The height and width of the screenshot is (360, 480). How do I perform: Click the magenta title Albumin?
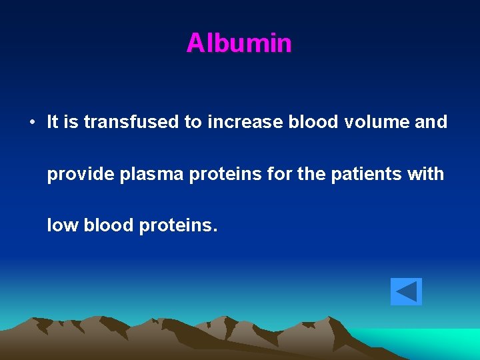point(239,43)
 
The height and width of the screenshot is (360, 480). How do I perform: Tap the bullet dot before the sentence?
point(31,123)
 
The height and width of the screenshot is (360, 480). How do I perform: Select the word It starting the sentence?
point(53,122)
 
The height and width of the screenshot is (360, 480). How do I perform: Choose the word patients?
point(367,174)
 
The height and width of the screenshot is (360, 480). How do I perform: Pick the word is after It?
point(72,122)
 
